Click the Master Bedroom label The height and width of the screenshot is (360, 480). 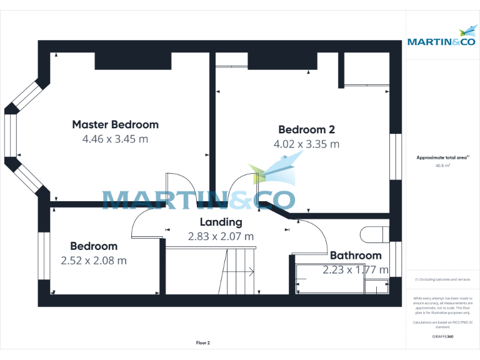tap(115, 124)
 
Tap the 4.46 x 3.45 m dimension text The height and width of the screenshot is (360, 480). tap(115, 139)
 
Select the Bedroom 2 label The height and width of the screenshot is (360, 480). tap(306, 130)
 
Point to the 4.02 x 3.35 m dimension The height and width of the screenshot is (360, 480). tap(306, 144)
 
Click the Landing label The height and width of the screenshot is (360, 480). tap(221, 222)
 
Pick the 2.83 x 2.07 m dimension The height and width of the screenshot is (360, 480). tap(221, 236)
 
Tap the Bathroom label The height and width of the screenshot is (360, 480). tap(356, 255)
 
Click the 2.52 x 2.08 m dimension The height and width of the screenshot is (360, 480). tap(94, 260)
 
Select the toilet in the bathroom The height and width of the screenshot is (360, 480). tap(374, 234)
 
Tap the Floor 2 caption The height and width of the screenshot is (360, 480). tap(203, 343)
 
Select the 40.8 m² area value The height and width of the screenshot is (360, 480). tap(442, 166)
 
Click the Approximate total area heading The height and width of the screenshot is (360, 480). tap(442, 157)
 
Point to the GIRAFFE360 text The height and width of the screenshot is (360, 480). tap(442, 337)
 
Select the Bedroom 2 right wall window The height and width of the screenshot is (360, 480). tap(395, 157)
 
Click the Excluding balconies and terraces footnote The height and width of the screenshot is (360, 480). tap(442, 279)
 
